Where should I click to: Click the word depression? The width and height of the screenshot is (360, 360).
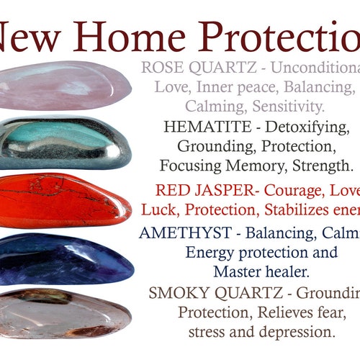(x=298, y=333)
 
